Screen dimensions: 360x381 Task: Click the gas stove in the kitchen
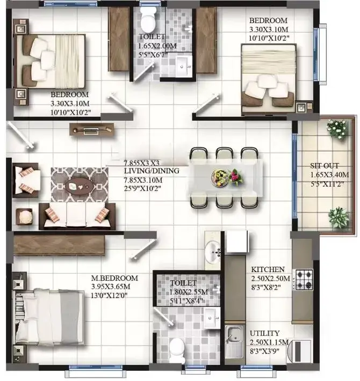pyautogui.click(x=303, y=280)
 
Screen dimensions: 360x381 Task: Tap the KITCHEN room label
pyautogui.click(x=268, y=269)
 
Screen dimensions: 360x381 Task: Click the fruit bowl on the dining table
pyautogui.click(x=219, y=178)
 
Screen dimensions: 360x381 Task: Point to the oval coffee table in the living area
pyautogui.click(x=80, y=186)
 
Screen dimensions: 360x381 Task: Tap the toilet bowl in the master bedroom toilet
pyautogui.click(x=177, y=349)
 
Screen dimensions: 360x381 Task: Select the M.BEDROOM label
pyautogui.click(x=114, y=278)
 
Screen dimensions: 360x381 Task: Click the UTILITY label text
pyautogui.click(x=265, y=333)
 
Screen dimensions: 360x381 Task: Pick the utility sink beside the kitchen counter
pyautogui.click(x=234, y=342)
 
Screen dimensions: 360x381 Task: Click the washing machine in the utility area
pyautogui.click(x=300, y=351)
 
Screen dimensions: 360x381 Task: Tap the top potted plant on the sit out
pyautogui.click(x=337, y=129)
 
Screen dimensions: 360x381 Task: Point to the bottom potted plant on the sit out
pyautogui.click(x=338, y=217)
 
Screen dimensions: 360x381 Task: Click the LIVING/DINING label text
pyautogui.click(x=152, y=171)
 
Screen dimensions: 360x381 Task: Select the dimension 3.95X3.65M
pyautogui.click(x=111, y=287)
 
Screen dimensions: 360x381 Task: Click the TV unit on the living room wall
pyautogui.click(x=92, y=129)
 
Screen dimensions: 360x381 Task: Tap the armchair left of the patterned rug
pyautogui.click(x=26, y=180)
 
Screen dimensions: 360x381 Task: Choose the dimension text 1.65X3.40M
pyautogui.click(x=329, y=175)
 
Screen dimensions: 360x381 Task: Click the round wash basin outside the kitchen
pyautogui.click(x=212, y=252)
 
